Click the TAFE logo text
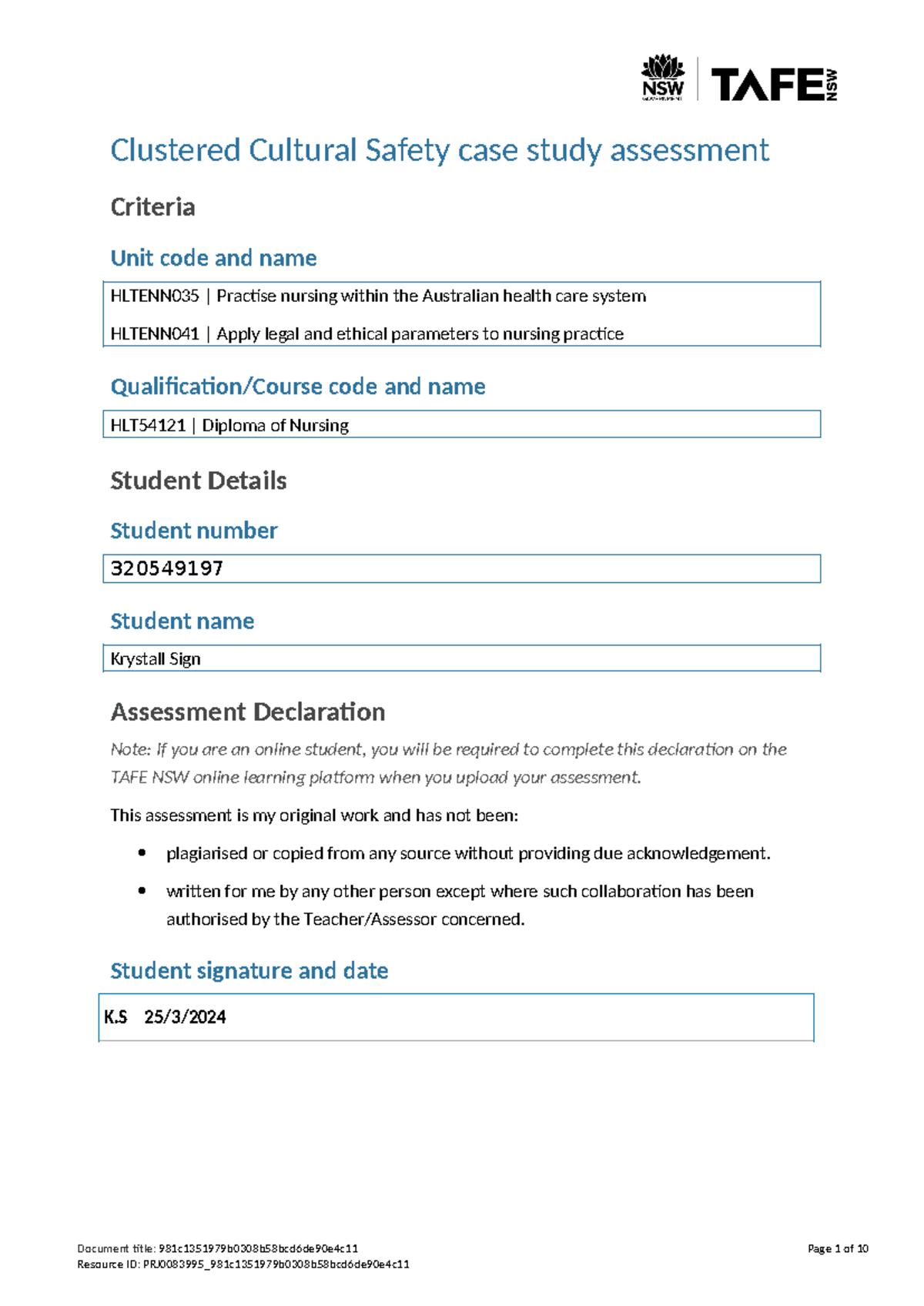(x=767, y=84)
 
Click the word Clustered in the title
(x=176, y=150)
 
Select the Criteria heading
(x=152, y=207)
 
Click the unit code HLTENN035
(x=155, y=296)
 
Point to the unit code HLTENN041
(x=155, y=334)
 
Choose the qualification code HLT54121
(x=148, y=425)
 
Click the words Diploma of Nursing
(x=275, y=425)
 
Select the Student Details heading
(x=199, y=481)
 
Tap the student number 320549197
(x=167, y=568)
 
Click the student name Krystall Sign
(x=156, y=658)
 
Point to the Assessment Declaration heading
(x=248, y=712)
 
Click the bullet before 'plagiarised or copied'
(x=142, y=852)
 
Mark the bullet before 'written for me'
(x=142, y=890)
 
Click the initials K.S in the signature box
(x=115, y=1017)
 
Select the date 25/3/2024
(x=185, y=1017)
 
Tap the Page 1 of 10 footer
(x=838, y=1248)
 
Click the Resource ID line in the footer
(x=243, y=1264)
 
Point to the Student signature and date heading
(x=249, y=970)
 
